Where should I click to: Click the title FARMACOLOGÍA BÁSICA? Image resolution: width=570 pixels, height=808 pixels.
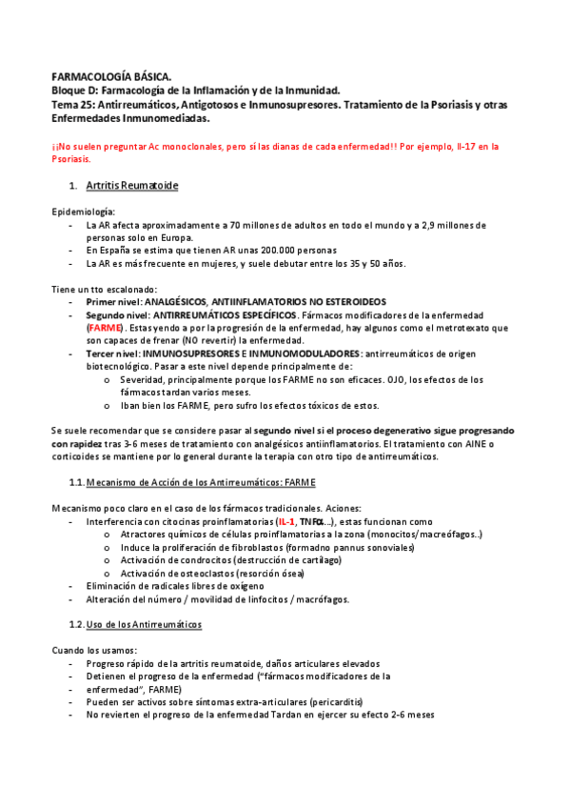point(111,75)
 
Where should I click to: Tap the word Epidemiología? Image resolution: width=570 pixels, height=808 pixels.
point(83,211)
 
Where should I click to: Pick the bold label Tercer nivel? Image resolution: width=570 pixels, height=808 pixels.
point(113,353)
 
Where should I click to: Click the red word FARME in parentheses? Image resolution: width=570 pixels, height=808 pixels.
point(105,327)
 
